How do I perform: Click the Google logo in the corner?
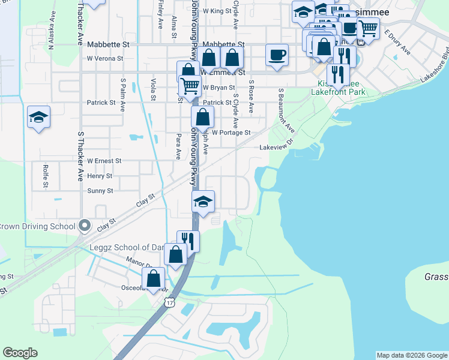tap(20, 353)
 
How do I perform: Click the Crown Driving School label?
tap(38, 226)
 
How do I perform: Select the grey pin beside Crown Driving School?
tap(85, 226)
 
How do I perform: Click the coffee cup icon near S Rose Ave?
tap(277, 55)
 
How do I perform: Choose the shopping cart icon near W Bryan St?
tap(190, 86)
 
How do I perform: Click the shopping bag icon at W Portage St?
tap(202, 117)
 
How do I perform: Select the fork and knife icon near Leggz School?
tap(188, 241)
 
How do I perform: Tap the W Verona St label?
tap(105, 59)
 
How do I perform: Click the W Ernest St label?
tap(104, 161)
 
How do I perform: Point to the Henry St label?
tap(100, 176)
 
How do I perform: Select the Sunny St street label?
tap(100, 191)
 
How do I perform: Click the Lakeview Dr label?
tap(275, 146)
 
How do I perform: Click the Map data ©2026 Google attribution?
tap(412, 355)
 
